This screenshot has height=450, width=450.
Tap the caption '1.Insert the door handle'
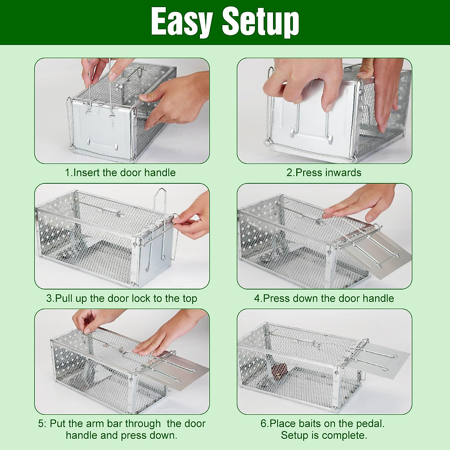coord(120,172)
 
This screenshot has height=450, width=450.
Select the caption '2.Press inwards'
coord(324,172)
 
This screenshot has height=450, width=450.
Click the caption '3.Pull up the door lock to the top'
coord(121,298)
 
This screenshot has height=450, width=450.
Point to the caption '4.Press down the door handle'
coord(324,298)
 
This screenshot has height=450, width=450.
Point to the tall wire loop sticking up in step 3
coord(160,202)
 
